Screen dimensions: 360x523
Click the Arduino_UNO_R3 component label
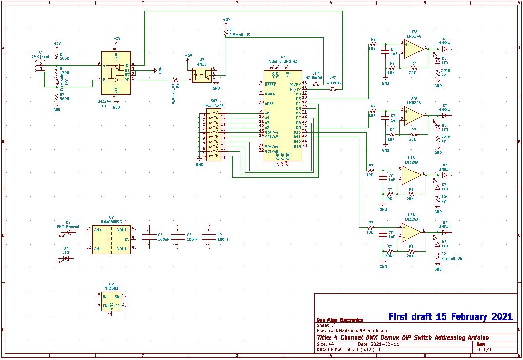(283, 61)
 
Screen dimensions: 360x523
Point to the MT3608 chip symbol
(111, 300)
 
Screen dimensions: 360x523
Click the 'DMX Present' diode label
(68, 227)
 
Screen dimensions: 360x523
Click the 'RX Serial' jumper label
(313, 77)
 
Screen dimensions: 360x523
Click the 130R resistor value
(64, 72)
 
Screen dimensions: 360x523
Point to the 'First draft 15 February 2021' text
(450, 317)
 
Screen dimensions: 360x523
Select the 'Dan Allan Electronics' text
(339, 320)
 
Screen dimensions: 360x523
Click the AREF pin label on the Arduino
(269, 103)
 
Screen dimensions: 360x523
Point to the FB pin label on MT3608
(117, 305)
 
